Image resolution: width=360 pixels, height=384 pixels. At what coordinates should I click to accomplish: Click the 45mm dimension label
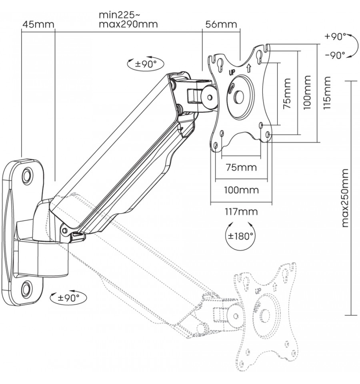point(38,24)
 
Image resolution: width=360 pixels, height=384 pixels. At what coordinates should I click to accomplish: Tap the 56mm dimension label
point(221,24)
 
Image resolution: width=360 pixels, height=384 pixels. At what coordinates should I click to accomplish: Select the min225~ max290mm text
point(128,19)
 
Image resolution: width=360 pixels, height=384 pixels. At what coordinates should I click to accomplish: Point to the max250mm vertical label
point(345,198)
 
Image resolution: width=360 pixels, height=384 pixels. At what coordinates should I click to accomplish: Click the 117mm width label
point(241,211)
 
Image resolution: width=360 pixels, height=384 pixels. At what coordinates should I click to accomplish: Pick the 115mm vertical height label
point(327,93)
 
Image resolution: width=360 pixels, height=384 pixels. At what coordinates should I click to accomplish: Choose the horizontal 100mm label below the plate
point(241,190)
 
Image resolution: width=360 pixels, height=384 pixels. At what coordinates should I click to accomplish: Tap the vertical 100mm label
point(307,92)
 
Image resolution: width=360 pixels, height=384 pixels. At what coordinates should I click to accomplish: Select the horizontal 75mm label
point(241,167)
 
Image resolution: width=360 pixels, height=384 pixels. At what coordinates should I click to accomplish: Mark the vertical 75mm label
point(287,94)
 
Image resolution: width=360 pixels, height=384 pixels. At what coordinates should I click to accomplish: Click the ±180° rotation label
point(240,236)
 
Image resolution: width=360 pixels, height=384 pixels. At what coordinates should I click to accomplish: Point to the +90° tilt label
point(335,37)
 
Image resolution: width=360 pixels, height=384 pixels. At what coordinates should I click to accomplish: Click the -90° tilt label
point(335,55)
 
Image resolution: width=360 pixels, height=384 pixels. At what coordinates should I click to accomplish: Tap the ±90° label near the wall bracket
point(68,298)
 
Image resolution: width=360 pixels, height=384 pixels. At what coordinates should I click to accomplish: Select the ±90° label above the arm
point(146,64)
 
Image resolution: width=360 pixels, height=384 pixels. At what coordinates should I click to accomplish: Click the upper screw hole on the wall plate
point(27,175)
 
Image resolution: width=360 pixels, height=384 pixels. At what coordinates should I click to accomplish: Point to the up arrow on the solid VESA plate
point(249,68)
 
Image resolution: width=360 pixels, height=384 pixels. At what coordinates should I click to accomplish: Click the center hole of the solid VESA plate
point(238,97)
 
